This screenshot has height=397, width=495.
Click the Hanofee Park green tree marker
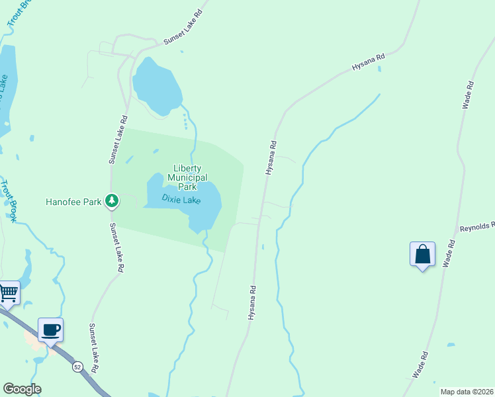click(112, 200)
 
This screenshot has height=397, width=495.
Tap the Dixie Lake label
click(181, 198)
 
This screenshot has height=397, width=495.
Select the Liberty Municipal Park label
click(187, 177)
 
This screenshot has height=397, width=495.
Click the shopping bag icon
click(422, 255)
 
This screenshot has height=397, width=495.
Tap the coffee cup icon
click(50, 330)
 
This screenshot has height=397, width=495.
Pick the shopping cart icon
click(8, 292)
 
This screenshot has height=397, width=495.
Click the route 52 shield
click(78, 367)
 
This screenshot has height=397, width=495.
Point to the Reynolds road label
click(477, 227)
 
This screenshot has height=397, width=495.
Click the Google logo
click(22, 389)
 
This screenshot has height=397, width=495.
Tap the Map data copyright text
click(466, 391)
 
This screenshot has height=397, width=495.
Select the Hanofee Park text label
click(71, 201)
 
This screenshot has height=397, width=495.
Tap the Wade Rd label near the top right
click(469, 95)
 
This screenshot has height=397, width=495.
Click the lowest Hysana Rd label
click(252, 303)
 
